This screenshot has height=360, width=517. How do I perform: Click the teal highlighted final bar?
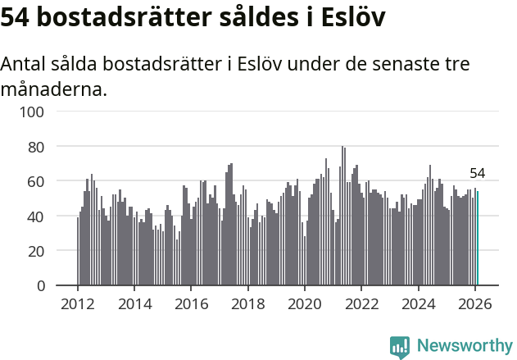click(x=478, y=239)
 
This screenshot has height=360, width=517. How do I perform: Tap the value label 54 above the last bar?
click(x=478, y=173)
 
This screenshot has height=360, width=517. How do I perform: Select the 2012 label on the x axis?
click(x=78, y=303)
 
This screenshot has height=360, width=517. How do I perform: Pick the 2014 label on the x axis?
click(x=134, y=303)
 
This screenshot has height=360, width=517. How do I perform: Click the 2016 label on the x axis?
click(x=191, y=303)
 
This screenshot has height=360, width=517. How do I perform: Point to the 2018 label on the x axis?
click(x=248, y=303)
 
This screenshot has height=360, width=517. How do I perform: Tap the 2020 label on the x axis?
click(x=305, y=303)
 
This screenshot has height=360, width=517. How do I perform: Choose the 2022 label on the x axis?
click(x=361, y=303)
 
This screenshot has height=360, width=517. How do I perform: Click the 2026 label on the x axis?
click(x=475, y=303)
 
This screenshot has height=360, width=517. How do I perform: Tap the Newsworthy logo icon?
click(x=400, y=347)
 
